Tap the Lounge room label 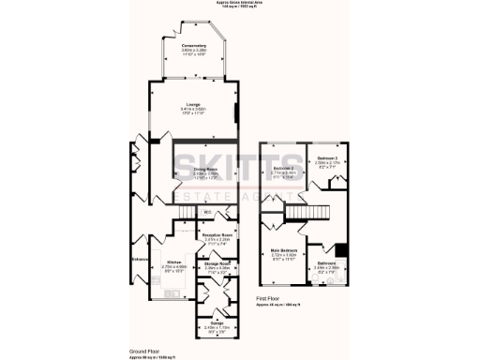pyautogui.click(x=192, y=104)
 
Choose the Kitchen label pyautogui.click(x=172, y=262)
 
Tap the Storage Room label pyautogui.click(x=219, y=264)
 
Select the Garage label pyautogui.click(x=217, y=322)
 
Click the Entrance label pyautogui.click(x=140, y=259)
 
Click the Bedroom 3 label pyautogui.click(x=327, y=157)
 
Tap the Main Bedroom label pyautogui.click(x=282, y=251)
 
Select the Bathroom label pyautogui.click(x=327, y=264)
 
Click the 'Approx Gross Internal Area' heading pyautogui.click(x=240, y=3)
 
